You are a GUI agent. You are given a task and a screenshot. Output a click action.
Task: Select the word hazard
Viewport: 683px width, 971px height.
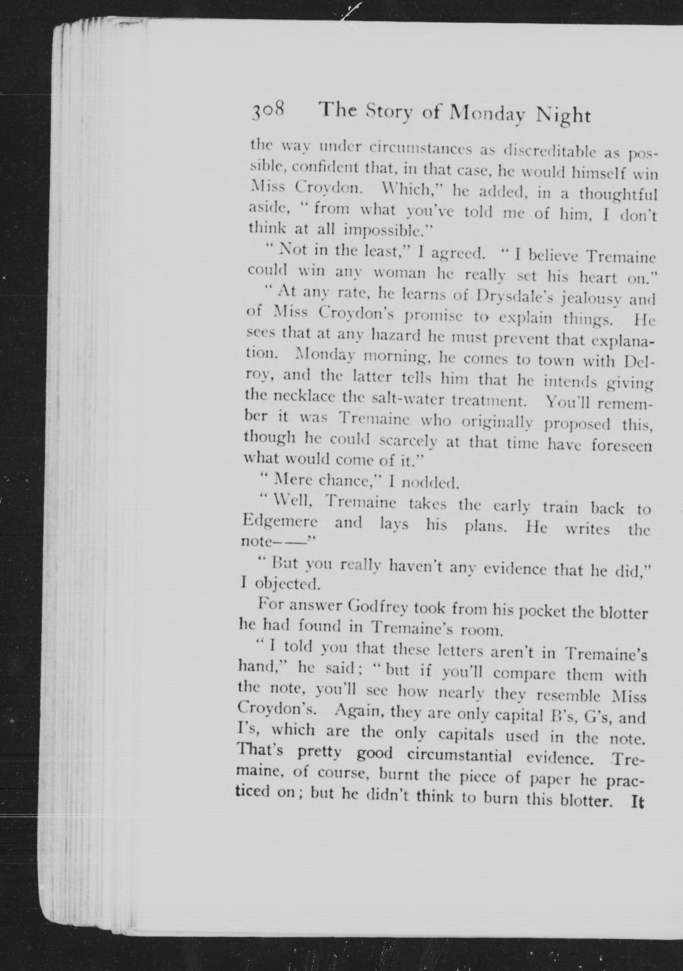(397, 337)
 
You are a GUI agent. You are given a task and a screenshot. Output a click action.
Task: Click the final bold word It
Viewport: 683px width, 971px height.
(637, 802)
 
